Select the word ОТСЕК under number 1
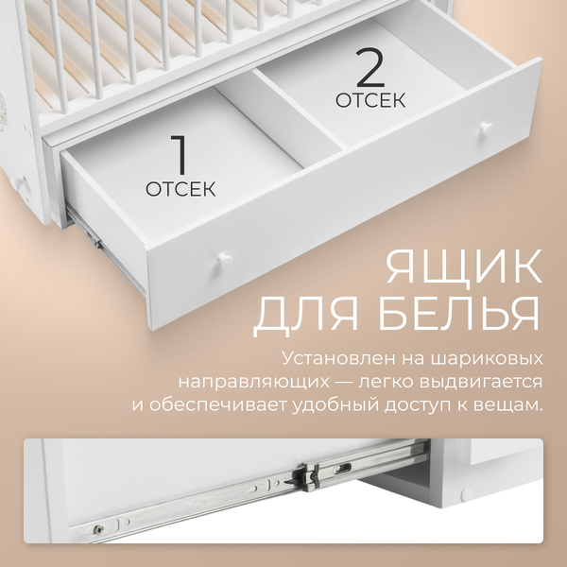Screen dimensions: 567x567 pyautogui.click(x=180, y=189)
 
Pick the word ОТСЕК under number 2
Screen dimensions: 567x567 pyautogui.click(x=370, y=99)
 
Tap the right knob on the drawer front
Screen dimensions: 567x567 pyautogui.click(x=484, y=129)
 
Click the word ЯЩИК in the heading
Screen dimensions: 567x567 pyautogui.click(x=463, y=267)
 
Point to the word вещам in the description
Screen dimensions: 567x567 pyautogui.click(x=516, y=404)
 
